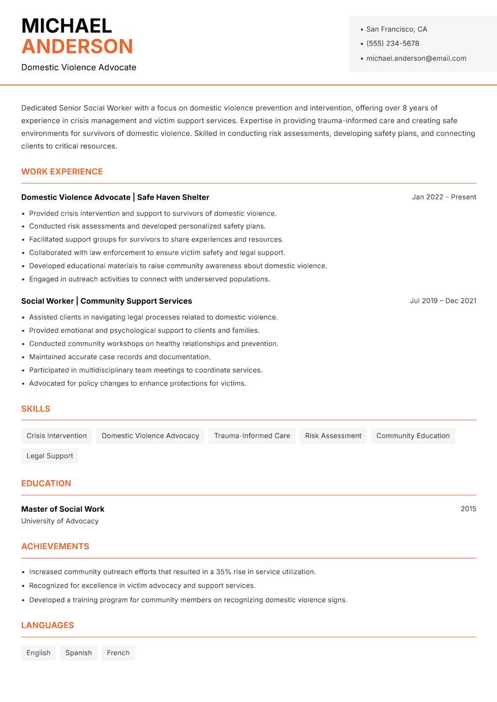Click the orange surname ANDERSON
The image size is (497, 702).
coord(77,47)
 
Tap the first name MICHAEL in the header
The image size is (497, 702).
coord(66,26)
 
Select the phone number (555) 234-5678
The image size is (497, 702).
coord(393,43)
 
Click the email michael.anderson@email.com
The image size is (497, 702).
coord(416,58)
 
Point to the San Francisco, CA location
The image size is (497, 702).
coord(396,29)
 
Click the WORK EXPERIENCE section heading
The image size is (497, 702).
coord(62,171)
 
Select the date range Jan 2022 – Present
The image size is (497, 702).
coord(444,197)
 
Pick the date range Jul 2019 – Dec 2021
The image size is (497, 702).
coord(443,301)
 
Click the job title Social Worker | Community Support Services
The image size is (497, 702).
coord(106,301)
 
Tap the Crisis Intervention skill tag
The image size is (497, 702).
coord(57,435)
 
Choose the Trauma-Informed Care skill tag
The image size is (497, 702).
coord(252,435)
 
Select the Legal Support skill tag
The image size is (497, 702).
coord(50,455)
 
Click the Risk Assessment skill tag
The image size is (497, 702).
coord(333,435)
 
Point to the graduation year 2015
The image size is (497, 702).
coord(468,509)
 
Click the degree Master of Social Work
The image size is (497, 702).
coord(63,509)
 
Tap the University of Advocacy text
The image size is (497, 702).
coord(60,521)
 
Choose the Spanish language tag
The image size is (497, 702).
coord(78,653)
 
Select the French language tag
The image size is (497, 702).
coord(118,653)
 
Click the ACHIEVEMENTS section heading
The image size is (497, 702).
coord(55,547)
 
